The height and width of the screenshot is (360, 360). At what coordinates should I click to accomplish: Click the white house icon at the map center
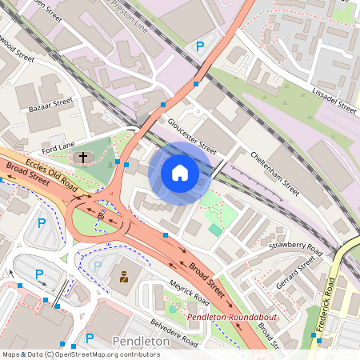pyautogui.click(x=180, y=173)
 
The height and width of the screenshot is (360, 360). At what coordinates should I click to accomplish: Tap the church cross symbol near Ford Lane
pyautogui.click(x=83, y=158)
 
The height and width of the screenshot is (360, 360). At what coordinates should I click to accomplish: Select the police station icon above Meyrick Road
pyautogui.click(x=124, y=278)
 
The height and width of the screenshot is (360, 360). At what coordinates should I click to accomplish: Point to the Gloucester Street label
pyautogui.click(x=192, y=137)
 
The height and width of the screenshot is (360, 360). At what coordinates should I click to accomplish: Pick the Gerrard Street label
pyautogui.click(x=296, y=273)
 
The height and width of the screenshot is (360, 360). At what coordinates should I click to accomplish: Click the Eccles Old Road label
pyautogui.click(x=52, y=174)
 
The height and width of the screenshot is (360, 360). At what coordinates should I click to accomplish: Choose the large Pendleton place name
pyautogui.click(x=142, y=342)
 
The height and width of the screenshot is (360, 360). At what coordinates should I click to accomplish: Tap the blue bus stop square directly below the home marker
pyautogui.click(x=166, y=235)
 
